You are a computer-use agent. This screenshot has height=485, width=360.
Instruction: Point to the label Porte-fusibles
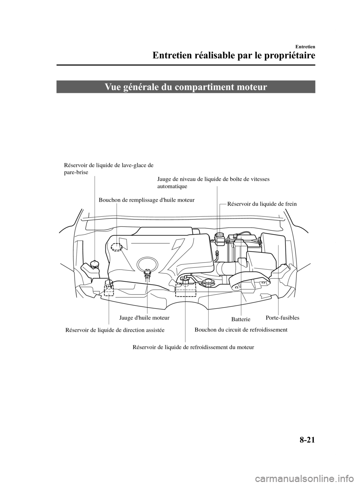282,318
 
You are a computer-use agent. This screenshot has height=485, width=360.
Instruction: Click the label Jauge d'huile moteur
144,318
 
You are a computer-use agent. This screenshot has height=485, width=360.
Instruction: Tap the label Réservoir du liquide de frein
262,204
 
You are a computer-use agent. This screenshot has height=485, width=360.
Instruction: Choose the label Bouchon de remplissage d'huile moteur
146,200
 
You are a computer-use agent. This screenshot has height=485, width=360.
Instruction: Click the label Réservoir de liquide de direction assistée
115,330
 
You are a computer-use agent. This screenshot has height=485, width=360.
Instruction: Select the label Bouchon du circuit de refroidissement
241,330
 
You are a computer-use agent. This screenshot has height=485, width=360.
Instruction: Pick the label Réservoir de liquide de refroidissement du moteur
193,347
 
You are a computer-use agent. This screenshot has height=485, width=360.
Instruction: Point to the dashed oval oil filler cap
117,246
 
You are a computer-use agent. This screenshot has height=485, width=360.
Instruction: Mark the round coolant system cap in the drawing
207,282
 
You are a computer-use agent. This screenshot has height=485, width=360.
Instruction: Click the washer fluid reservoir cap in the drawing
94,264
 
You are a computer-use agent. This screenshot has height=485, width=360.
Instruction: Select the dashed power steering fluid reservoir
109,287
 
